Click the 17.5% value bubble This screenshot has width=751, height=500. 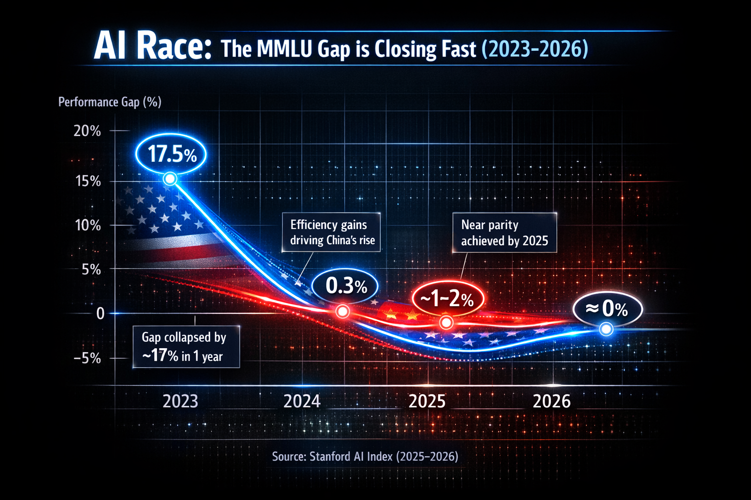tap(171, 154)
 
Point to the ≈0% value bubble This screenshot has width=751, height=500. tap(607, 309)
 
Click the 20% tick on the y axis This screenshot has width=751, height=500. tap(87, 131)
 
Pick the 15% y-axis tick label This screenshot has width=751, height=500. tap(88, 181)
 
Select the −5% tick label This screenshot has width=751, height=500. tap(87, 358)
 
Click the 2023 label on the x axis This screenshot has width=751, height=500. tap(180, 401)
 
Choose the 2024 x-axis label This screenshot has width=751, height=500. tap(302, 401)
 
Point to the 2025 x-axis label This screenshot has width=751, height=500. tap(427, 401)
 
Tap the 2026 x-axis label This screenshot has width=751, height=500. tap(552, 401)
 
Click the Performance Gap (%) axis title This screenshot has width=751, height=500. tap(110, 102)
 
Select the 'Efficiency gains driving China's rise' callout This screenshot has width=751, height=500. tap(332, 232)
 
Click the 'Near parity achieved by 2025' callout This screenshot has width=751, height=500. tap(505, 233)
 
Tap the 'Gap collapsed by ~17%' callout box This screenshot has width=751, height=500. tap(186, 347)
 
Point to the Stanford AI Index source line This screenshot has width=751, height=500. tap(365, 457)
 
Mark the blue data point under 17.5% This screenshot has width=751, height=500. tap(170, 179)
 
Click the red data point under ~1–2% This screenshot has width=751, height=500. tap(446, 322)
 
